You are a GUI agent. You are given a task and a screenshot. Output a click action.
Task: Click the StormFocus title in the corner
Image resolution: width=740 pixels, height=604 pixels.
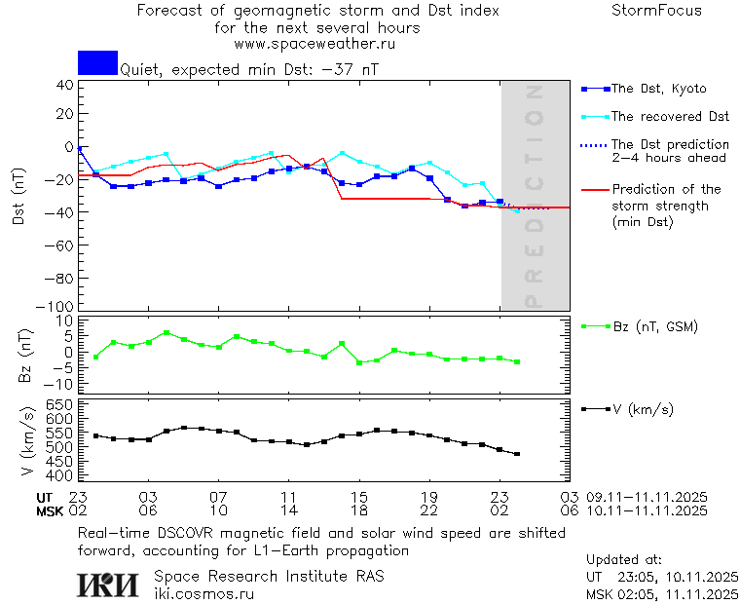click(x=656, y=11)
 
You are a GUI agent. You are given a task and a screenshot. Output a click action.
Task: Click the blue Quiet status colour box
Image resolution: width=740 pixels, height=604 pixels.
click(x=97, y=62)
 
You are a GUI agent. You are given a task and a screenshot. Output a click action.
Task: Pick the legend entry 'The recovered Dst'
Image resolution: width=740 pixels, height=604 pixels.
click(x=670, y=117)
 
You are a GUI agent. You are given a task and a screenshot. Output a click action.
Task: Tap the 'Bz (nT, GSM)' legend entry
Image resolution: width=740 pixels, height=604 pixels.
click(x=654, y=327)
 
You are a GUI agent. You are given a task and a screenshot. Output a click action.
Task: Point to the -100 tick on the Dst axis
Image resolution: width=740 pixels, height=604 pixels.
click(x=59, y=306)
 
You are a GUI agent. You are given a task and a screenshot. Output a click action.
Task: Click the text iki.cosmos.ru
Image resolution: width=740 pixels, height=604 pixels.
click(x=204, y=593)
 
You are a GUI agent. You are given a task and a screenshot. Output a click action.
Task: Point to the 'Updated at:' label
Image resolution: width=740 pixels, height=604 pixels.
click(x=623, y=560)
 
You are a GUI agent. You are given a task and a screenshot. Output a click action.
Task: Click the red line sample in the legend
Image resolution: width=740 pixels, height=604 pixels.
click(x=594, y=190)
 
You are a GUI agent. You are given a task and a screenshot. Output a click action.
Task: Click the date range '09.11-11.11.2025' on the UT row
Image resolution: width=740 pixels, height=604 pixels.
click(x=647, y=497)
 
